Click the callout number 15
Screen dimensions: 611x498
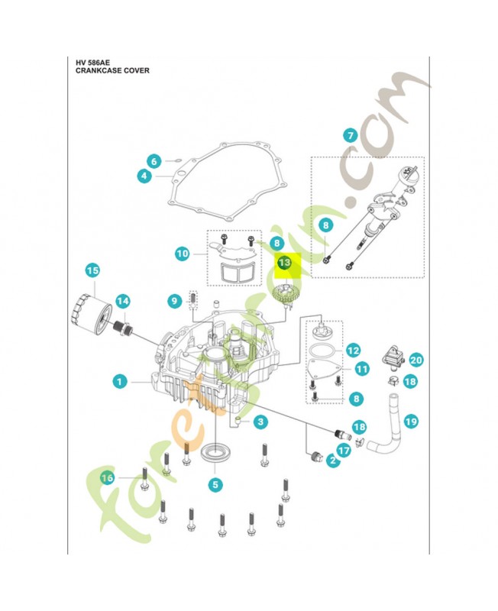(92, 270)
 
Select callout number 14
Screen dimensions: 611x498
(123, 302)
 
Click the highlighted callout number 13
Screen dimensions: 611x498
(284, 263)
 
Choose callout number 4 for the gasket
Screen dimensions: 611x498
(143, 176)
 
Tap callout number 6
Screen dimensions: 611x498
(154, 161)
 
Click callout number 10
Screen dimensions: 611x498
(182, 253)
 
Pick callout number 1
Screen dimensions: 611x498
(118, 380)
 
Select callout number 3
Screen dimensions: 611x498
(261, 421)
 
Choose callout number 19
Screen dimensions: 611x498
(412, 421)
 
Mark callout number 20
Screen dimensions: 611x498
(416, 359)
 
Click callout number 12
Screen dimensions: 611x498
(352, 351)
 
